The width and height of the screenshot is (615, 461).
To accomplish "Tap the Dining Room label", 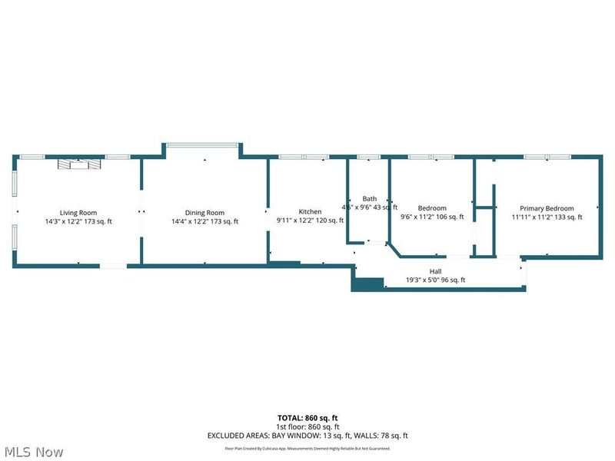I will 204,213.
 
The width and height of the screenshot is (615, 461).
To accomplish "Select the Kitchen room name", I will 310,212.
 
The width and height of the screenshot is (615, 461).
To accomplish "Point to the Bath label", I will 370,198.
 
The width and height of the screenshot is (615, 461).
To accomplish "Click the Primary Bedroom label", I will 547,208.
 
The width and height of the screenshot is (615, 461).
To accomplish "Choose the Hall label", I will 435,271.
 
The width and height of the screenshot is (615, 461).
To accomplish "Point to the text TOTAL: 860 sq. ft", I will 307,418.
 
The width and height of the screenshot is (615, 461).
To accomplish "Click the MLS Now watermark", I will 35,452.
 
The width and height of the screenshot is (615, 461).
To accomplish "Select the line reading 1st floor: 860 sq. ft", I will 307,426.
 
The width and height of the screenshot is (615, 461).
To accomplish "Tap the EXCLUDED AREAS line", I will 307,436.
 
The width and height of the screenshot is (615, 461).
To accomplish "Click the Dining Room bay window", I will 203,146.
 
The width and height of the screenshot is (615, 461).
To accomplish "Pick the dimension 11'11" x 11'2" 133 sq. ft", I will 547,217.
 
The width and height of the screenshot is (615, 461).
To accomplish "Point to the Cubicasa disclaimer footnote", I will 307,449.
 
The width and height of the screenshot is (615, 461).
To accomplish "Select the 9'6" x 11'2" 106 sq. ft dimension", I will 432,217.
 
